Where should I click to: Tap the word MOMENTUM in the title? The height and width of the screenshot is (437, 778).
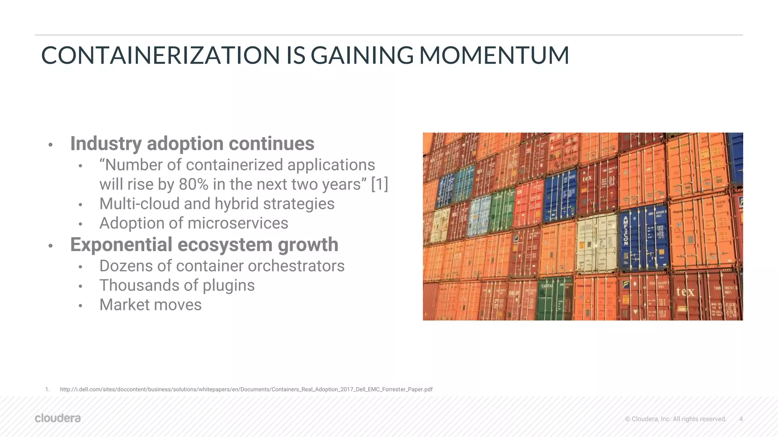click(494, 55)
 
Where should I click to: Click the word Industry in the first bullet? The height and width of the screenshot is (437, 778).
click(106, 144)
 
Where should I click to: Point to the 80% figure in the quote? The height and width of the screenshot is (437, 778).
click(193, 184)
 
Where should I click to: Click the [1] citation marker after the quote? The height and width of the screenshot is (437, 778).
click(379, 184)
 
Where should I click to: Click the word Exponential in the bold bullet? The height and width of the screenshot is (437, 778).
click(121, 245)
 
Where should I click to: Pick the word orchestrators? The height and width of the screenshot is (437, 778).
click(296, 266)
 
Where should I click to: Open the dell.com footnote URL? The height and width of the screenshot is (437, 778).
click(246, 390)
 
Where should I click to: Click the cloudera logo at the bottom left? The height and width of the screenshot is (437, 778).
click(58, 418)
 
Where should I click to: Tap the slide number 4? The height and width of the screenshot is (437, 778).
click(741, 419)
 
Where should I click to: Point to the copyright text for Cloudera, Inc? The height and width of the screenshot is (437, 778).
click(675, 419)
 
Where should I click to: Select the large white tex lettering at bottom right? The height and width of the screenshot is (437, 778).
click(685, 291)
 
